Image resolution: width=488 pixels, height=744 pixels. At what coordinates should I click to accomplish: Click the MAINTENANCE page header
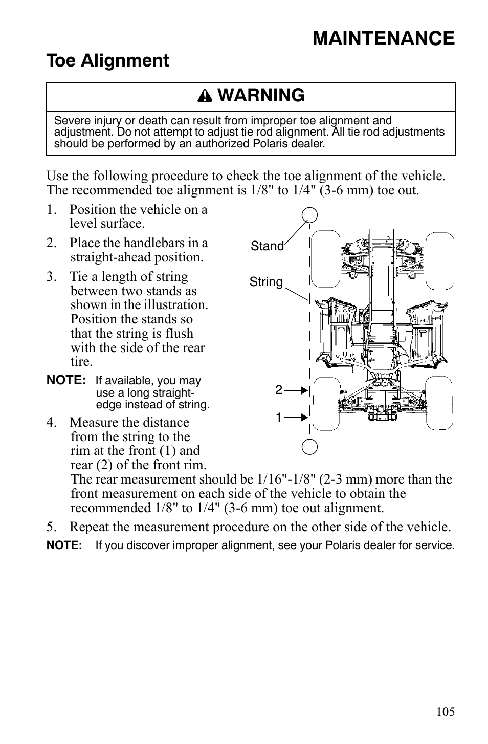pos(383,39)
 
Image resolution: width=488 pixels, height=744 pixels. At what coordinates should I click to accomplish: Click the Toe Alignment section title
pos(107,61)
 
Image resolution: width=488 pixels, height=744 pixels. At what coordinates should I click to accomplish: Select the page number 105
pos(446,712)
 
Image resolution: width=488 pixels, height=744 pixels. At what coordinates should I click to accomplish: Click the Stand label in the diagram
pos(267,246)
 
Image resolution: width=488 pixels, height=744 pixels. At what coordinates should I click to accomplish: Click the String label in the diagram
pos(266,282)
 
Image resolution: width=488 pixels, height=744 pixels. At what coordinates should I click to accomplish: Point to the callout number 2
pos(278,390)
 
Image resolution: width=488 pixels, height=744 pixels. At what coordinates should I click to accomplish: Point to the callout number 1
pos(278,418)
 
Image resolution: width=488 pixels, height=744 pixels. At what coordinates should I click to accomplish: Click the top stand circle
pos(309,214)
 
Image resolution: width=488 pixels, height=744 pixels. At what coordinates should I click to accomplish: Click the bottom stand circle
pos(309,447)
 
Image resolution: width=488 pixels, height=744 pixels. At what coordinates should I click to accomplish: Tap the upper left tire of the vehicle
pos(326,259)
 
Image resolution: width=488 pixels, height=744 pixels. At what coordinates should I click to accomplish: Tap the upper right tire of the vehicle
pos(440,259)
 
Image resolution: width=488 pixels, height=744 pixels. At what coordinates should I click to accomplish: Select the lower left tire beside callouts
pos(326,403)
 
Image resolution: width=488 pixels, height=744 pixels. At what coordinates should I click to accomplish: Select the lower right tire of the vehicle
pos(439,403)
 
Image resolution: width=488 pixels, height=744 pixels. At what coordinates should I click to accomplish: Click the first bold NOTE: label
pos(66,381)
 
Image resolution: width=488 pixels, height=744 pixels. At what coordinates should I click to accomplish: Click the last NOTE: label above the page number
pos(64,545)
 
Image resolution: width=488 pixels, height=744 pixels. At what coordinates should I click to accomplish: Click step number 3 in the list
pos(51,277)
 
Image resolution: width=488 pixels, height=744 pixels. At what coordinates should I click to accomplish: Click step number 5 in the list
pos(51,527)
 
